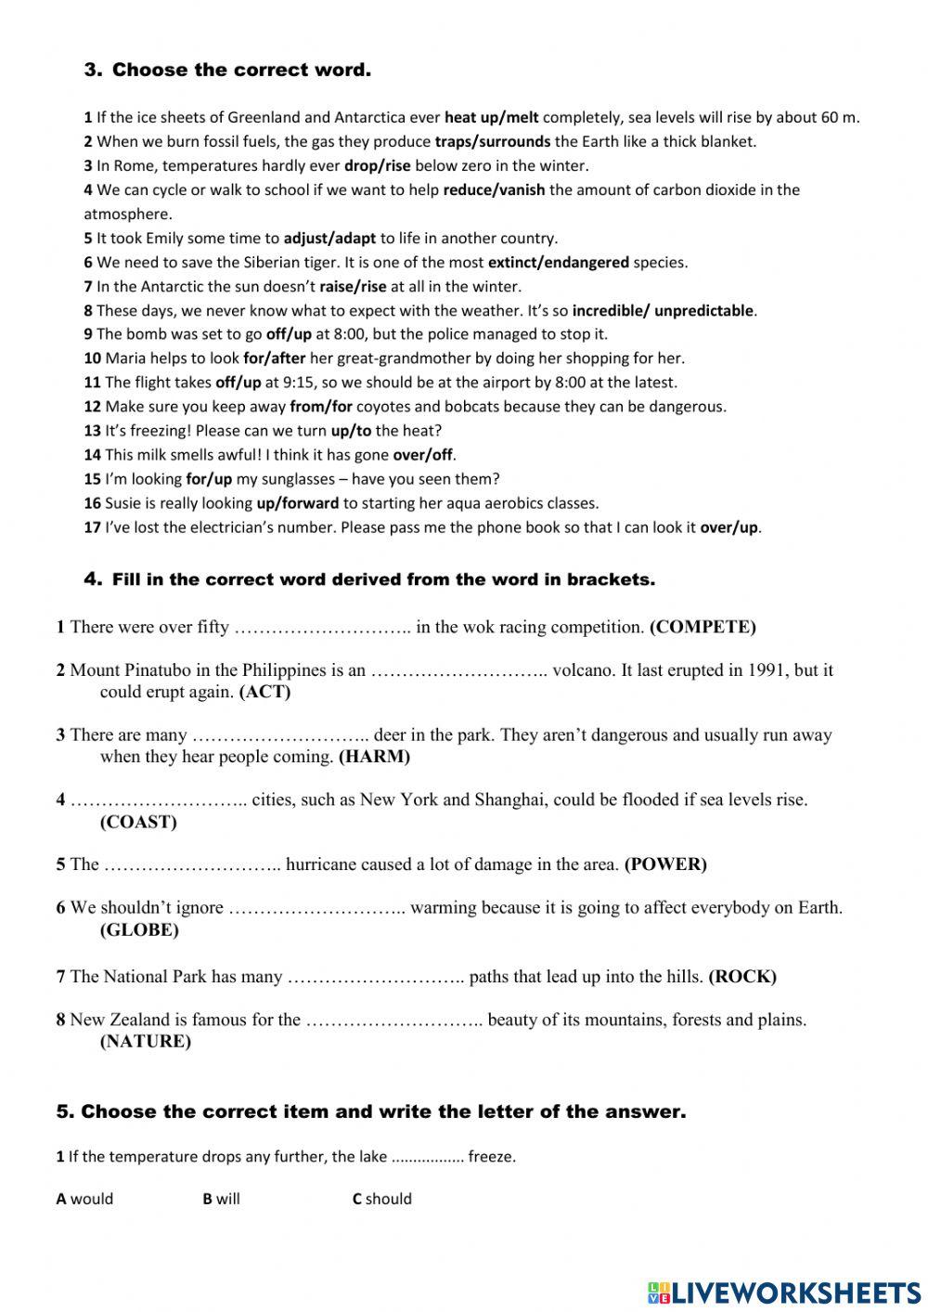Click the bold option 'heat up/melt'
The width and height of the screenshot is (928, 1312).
tap(492, 118)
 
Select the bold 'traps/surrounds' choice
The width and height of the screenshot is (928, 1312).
tap(493, 142)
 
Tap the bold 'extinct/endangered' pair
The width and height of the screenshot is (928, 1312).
tap(559, 263)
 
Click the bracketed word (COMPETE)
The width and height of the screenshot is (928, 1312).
tap(702, 628)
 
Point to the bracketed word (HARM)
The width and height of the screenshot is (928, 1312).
tap(374, 757)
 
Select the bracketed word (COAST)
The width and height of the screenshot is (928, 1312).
tap(138, 822)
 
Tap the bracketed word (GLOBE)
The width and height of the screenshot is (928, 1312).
tap(139, 930)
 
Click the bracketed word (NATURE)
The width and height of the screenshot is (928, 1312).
tap(145, 1042)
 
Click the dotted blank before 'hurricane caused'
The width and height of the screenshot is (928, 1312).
tap(192, 865)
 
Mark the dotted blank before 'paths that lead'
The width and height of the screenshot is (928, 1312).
tap(376, 977)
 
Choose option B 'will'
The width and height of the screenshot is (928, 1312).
tap(222, 1199)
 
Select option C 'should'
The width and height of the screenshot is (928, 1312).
tap(382, 1199)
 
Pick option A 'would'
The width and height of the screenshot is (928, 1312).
tap(84, 1199)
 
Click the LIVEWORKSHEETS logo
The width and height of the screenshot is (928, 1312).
tap(784, 1292)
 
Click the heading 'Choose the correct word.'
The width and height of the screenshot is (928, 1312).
tap(241, 70)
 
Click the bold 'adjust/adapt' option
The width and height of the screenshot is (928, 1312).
tap(330, 239)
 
